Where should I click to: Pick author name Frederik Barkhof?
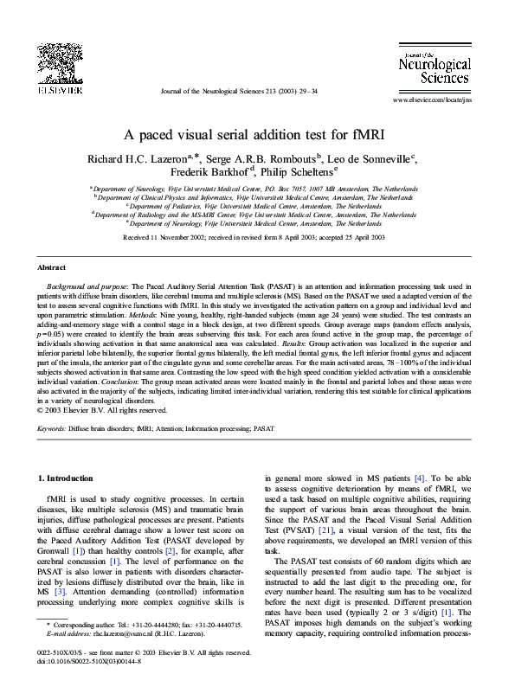point(211,171)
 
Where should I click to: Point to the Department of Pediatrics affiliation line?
point(257,206)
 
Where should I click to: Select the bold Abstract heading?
point(53,268)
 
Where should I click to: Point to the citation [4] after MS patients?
point(419,478)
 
